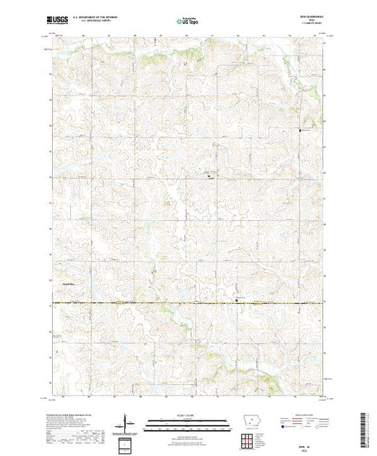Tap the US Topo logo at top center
coord(187,22)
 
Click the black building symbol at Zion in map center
coord(208,176)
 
